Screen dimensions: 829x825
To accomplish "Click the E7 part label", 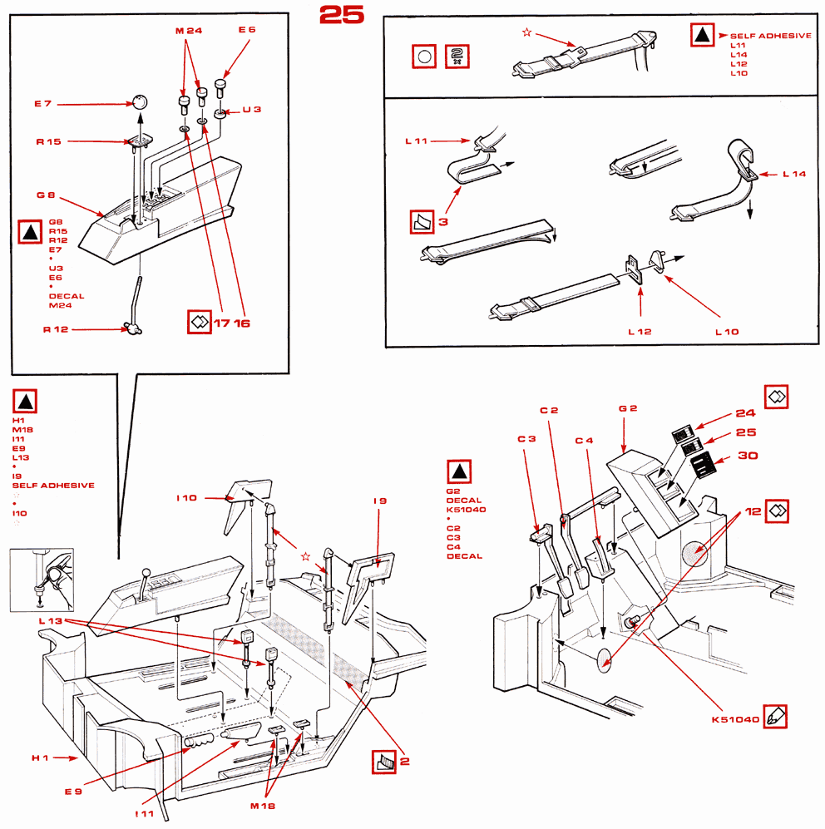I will point(43,104).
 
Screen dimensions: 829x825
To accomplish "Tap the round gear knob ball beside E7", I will point(139,102).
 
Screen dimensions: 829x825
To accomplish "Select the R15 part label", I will point(48,142).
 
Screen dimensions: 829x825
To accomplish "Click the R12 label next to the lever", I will point(56,330).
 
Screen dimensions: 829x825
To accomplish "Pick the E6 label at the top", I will point(247,30).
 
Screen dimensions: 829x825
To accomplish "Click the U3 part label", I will point(251,110).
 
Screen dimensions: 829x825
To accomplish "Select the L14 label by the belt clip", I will point(795,175).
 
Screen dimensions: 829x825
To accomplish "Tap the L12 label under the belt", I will point(640,332).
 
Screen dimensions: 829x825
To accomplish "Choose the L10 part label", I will point(727,332).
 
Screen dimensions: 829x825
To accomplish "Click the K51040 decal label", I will point(735,719).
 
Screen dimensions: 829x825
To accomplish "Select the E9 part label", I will point(73,791).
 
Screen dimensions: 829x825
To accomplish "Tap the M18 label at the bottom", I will point(262,806).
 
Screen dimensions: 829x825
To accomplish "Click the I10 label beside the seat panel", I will point(186,498).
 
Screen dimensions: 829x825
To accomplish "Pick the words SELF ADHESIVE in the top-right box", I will point(770,37).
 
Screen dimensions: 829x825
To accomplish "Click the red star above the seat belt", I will point(526,32).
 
